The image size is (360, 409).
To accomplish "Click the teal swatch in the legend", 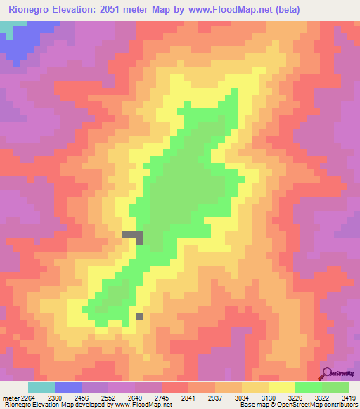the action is click(41, 387).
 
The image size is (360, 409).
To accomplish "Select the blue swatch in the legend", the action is click(67, 387).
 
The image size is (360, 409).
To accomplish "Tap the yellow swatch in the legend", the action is click(281, 387).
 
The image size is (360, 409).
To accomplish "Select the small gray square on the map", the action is click(139, 316).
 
